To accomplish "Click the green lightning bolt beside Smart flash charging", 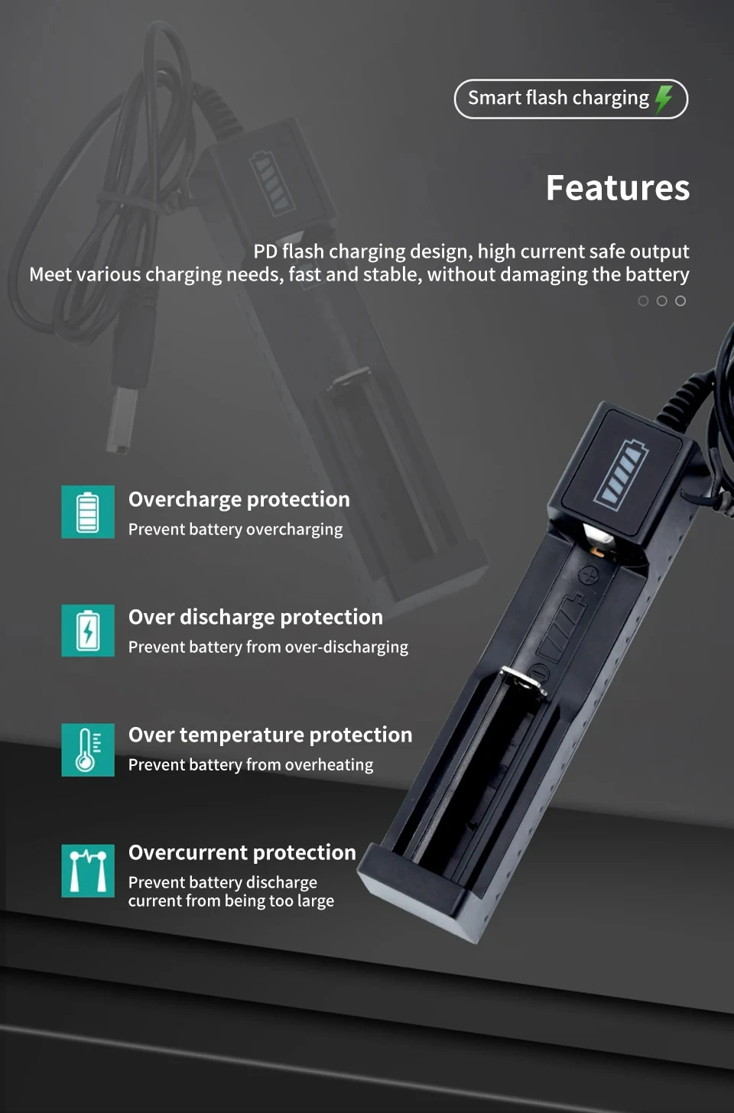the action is point(664,99).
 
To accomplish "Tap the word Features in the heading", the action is point(618,188).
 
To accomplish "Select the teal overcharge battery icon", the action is point(88,512).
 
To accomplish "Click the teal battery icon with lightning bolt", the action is point(88,631).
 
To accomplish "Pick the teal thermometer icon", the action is point(88,750).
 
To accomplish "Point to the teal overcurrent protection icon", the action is point(88,871).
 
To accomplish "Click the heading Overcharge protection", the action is point(239,500).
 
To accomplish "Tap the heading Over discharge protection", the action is point(255,618).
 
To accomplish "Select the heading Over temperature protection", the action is point(271,735).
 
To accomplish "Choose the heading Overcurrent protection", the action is point(242,852).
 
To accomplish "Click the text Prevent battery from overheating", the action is point(251,765).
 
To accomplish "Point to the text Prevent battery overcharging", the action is point(235,530).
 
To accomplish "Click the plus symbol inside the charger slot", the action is point(589,575).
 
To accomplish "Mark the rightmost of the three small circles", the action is point(680,300).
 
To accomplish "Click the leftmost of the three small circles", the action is point(643,300).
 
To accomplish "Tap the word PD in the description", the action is point(265,251).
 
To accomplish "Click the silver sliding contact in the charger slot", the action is point(523,680).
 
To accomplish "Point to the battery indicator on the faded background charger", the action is point(271,183).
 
